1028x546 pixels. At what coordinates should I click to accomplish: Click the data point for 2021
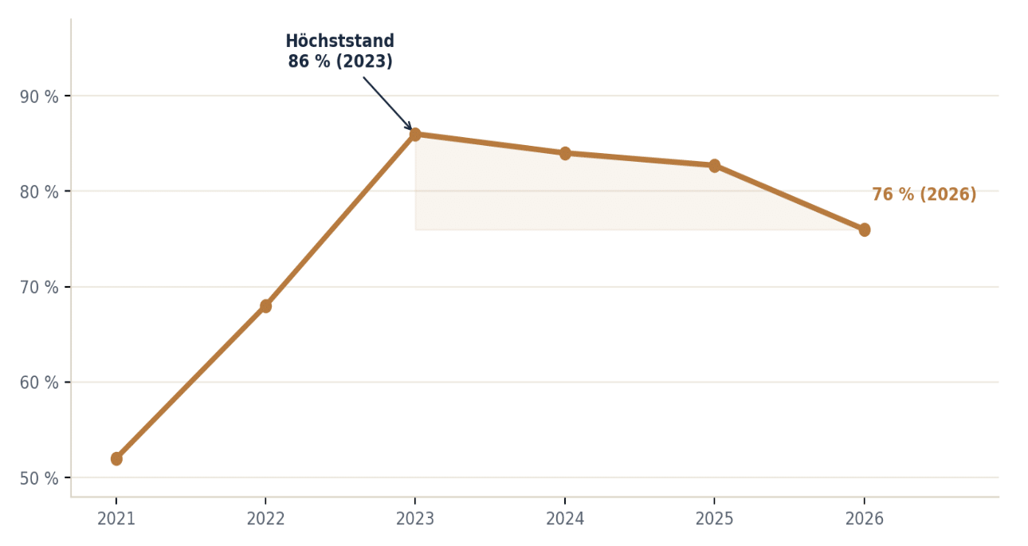coord(116,458)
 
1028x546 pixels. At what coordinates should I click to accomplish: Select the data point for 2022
coord(265,306)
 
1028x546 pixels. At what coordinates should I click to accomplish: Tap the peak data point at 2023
coord(415,135)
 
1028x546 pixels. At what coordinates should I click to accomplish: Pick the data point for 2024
coord(565,153)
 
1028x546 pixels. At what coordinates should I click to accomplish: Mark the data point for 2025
coord(715,166)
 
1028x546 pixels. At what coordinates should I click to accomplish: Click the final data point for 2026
coord(864,230)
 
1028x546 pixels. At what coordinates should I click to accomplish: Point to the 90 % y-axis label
coord(39,97)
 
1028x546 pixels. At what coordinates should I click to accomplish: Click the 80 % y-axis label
coord(39,192)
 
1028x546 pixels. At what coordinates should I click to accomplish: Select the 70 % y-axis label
coord(39,288)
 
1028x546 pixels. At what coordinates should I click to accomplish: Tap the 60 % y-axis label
coord(39,383)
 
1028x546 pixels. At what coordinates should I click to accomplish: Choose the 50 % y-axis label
coord(39,478)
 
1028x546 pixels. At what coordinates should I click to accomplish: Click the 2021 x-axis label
coord(116,519)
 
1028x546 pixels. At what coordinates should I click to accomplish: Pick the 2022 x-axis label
coord(265,519)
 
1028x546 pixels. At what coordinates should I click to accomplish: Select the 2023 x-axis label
coord(415,519)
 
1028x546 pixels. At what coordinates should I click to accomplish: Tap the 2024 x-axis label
coord(565,519)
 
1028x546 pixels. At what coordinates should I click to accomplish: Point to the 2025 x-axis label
coord(715,519)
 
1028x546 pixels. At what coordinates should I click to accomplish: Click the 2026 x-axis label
coord(864,519)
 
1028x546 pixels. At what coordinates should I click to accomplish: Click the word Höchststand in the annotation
coord(340,41)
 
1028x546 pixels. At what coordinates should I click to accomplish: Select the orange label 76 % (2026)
coord(924,194)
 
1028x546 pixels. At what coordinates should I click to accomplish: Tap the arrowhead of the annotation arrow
coord(409,126)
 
